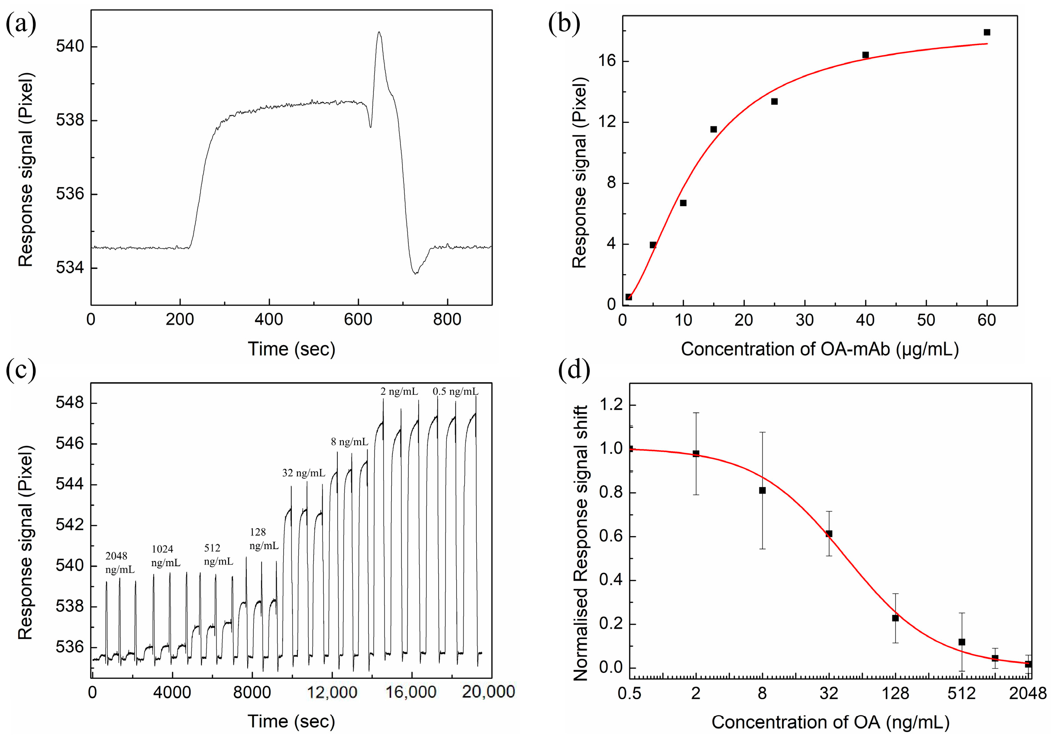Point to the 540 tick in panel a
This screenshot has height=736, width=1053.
tap(70, 46)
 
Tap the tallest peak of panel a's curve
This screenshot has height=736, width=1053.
tap(379, 32)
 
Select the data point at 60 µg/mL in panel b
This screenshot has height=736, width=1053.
tap(987, 32)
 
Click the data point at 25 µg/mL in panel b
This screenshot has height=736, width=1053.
tap(774, 101)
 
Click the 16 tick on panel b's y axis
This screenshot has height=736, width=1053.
tap(607, 61)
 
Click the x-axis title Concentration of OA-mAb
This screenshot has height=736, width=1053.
tap(820, 349)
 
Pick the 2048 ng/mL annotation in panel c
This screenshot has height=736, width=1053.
tap(120, 563)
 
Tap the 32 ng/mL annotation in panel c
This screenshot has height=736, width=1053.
tap(303, 473)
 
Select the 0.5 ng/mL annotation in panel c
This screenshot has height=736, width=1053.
tap(455, 391)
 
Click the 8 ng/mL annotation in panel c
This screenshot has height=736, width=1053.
tap(349, 442)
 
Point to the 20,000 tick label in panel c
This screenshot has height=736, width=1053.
tap(488, 691)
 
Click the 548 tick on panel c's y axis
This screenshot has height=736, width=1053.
tap(70, 403)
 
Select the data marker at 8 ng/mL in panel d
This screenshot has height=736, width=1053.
tap(762, 490)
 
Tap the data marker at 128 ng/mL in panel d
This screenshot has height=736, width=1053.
tap(895, 618)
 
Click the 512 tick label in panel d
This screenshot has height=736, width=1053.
tap(961, 693)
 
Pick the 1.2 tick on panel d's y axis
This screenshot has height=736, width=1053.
tap(611, 404)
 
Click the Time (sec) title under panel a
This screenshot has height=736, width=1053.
tap(292, 349)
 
